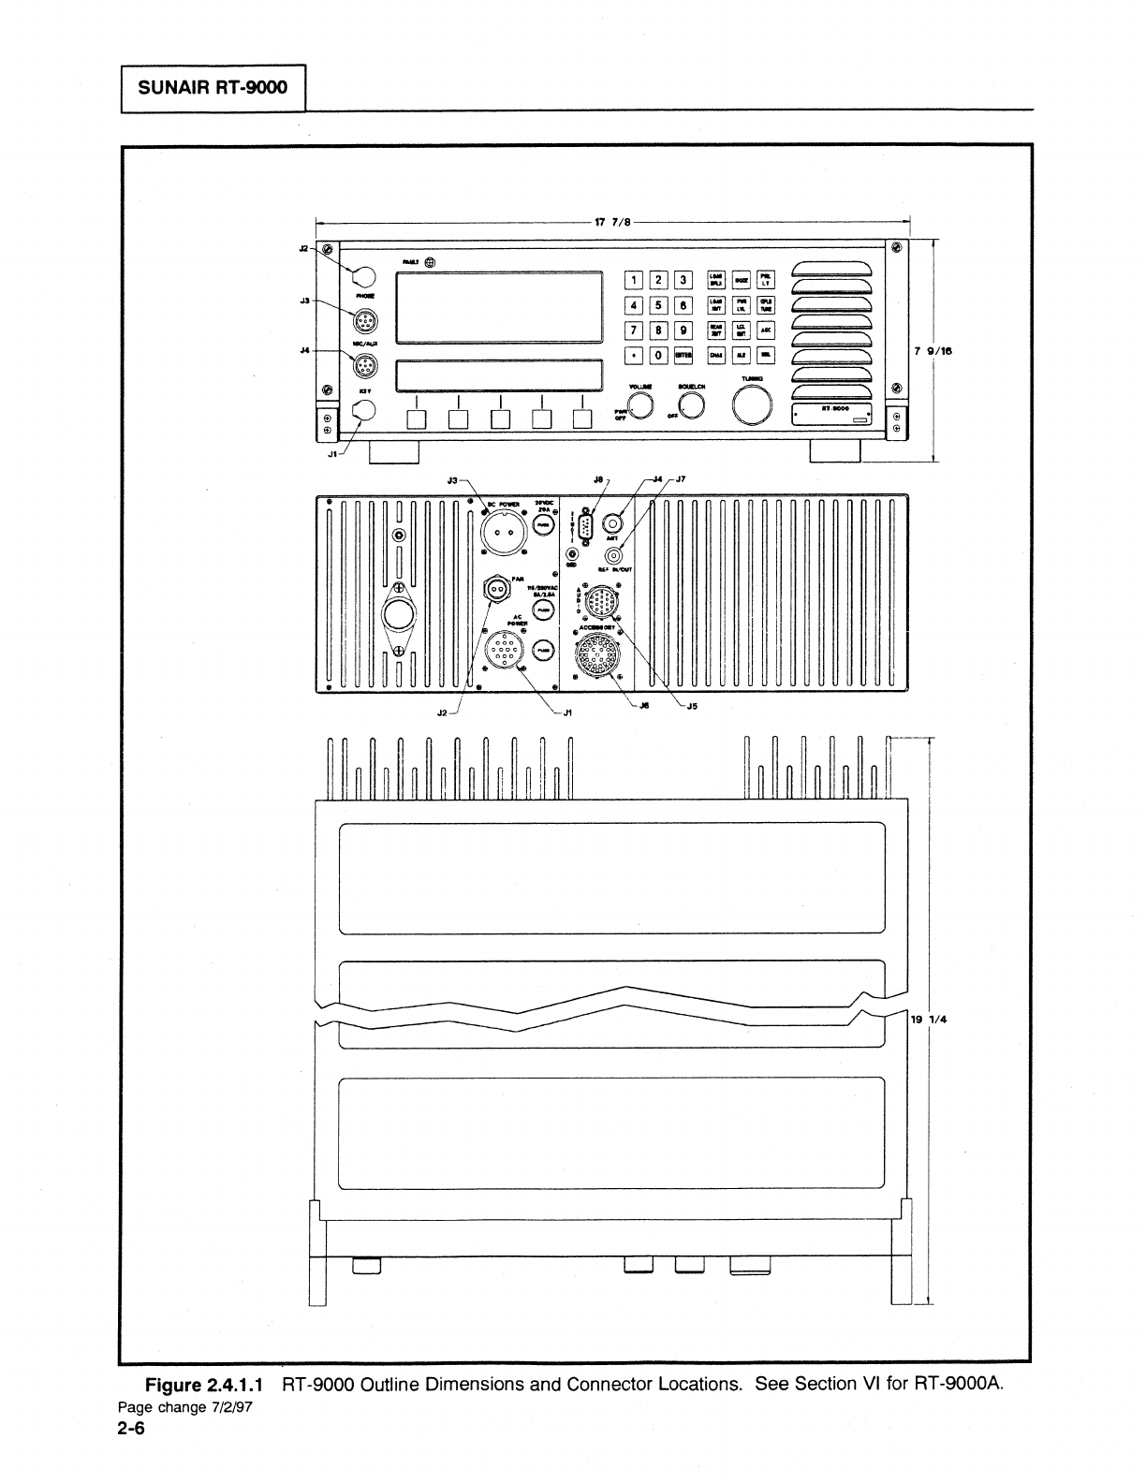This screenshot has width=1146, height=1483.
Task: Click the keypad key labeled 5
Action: pos(659,304)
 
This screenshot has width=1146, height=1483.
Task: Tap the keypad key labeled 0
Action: pos(659,355)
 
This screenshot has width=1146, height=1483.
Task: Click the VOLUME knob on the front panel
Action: pos(640,404)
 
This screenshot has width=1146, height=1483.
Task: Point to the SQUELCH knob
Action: pos(692,404)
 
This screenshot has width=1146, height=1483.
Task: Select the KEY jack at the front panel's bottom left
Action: pos(362,410)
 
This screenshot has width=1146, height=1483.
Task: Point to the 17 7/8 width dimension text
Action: pos(614,223)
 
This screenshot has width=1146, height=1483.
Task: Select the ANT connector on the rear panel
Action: pos(613,521)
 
